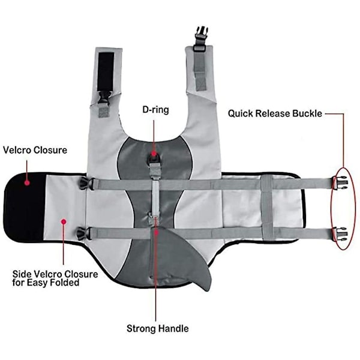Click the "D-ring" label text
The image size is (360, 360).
(155, 109)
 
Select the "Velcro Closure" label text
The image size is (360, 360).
(35, 149)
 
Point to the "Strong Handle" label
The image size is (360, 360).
(158, 328)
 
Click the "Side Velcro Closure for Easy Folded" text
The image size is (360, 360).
(55, 278)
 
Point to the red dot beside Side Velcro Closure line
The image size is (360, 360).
(63, 221)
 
